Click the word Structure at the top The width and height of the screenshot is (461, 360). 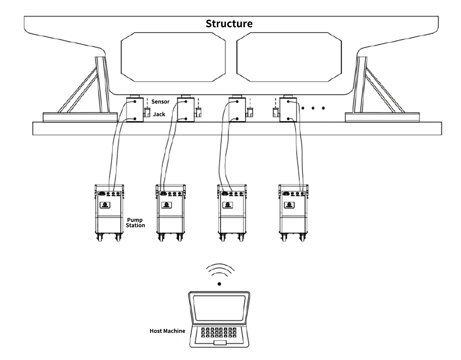pos(229,24)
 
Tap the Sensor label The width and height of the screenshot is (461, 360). pos(160,102)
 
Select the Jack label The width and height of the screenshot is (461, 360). pos(159,114)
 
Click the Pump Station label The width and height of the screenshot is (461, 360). pos(135,223)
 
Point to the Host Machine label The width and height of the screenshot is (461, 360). pos(167,331)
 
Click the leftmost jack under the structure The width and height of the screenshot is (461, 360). pos(135,110)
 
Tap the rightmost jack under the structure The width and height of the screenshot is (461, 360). pos(288,110)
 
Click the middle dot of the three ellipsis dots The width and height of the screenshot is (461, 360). pos(313,108)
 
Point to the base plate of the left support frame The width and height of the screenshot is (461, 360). pos(80,117)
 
